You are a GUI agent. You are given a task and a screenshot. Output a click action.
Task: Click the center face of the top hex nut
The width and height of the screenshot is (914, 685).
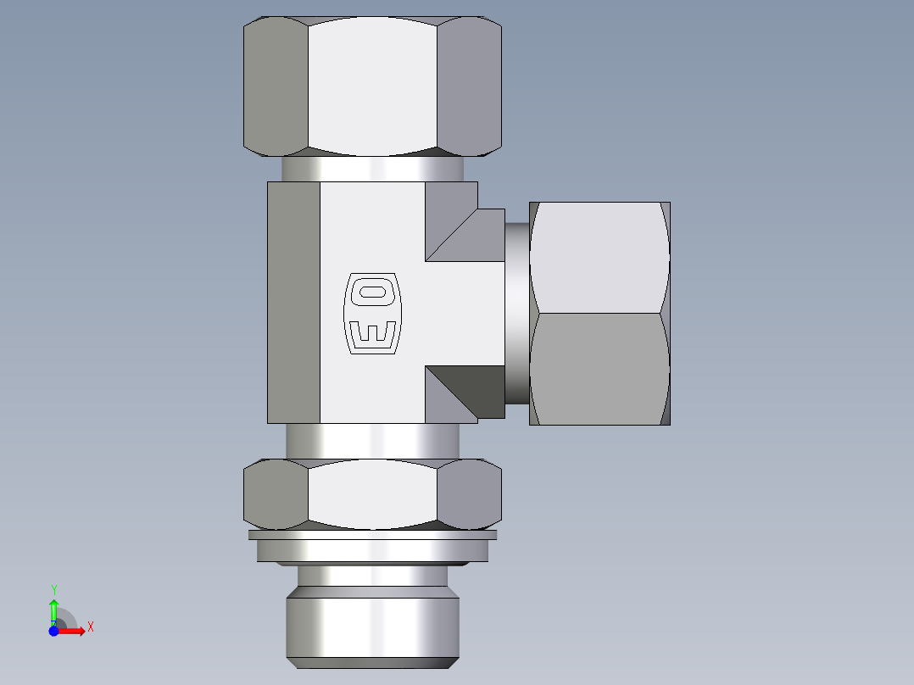[x=373, y=86]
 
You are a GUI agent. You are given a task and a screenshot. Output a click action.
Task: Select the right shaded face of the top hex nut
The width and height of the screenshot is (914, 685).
[x=469, y=86]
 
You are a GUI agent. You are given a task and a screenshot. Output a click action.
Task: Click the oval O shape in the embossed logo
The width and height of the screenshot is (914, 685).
[x=371, y=293]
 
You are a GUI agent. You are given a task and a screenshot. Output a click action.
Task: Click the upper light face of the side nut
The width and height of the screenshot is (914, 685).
[x=599, y=258]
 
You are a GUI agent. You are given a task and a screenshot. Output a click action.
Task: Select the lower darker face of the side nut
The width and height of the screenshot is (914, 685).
[x=599, y=369]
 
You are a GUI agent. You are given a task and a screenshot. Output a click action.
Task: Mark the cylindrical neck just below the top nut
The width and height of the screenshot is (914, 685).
[x=373, y=169]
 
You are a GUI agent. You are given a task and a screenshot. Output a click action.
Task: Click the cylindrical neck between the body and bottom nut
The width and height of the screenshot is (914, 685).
[x=373, y=441]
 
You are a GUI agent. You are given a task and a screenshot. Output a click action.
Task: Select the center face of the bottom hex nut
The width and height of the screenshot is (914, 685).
[x=373, y=493]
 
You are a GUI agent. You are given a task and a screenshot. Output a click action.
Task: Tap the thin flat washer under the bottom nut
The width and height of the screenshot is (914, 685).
[x=373, y=535]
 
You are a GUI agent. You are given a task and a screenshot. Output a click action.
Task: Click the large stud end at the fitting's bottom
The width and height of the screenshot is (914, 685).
[x=373, y=623]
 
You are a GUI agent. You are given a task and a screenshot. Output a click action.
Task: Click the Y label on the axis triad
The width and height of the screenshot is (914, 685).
[x=54, y=589]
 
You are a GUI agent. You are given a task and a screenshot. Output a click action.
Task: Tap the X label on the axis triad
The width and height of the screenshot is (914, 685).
[x=90, y=627]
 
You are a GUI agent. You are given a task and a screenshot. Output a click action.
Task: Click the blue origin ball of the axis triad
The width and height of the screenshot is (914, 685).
[x=53, y=631]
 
